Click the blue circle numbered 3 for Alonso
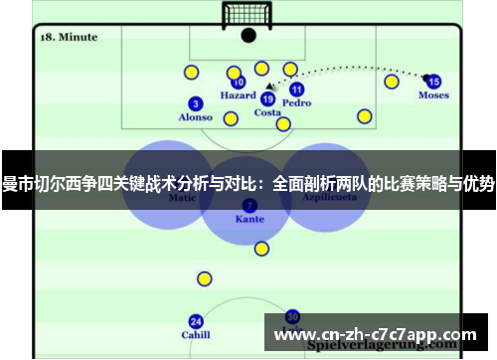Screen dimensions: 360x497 [196, 103]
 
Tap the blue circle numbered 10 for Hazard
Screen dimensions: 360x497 [239, 84]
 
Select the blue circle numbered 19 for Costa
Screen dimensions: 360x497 [267, 98]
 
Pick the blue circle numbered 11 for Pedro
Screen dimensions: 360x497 [296, 90]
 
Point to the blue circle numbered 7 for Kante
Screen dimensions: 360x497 [248, 205]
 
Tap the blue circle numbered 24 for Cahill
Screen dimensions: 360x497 [196, 321]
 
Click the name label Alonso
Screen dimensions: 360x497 [196, 117]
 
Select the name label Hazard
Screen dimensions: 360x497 [239, 96]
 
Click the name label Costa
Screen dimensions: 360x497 [267, 112]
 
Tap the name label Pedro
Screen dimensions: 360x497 [296, 103]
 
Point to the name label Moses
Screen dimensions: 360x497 [433, 95]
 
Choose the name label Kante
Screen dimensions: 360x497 [248, 219]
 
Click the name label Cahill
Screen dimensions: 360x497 [196, 335]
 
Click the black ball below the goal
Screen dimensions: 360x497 [248, 35]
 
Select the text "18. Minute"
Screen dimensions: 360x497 [69, 37]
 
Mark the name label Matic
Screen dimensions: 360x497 [183, 198]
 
